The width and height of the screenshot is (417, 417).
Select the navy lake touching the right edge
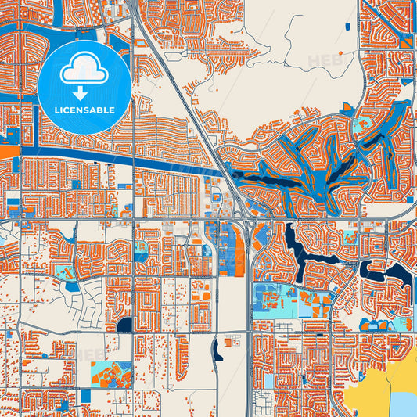[401, 274]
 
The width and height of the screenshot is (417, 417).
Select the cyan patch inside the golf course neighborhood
[363, 125]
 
